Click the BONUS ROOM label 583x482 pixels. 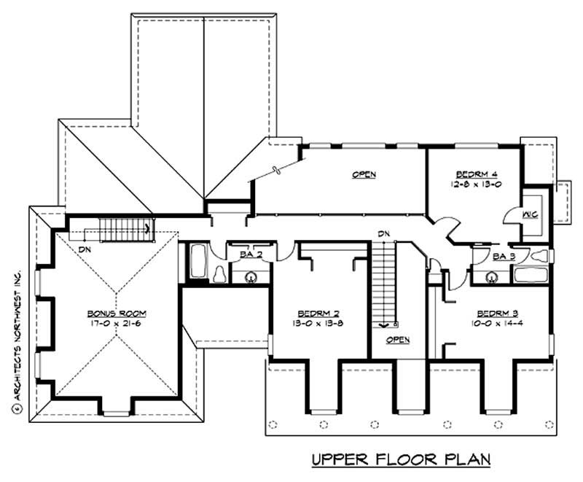(116, 313)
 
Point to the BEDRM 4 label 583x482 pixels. (477, 174)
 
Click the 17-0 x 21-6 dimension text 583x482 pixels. (116, 322)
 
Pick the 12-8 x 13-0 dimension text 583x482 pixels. (477, 184)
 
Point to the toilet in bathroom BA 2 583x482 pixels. (219, 273)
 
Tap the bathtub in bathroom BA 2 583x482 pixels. (197, 263)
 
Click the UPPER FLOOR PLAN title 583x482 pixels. (400, 459)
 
